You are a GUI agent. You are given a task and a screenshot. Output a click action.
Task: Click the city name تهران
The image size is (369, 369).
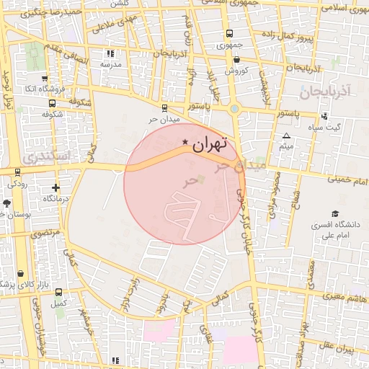pos(211,143)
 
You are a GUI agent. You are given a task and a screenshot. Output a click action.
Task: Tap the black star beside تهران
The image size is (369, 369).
pos(186,143)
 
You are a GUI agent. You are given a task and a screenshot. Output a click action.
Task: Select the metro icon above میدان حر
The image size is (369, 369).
pos(164,107)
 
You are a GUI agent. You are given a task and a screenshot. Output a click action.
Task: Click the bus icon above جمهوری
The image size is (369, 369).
pos(229,33)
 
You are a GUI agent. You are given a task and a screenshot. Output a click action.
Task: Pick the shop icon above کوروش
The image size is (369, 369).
pos(236,60)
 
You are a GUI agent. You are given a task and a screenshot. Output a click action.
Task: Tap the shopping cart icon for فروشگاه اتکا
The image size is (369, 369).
pos(45,78)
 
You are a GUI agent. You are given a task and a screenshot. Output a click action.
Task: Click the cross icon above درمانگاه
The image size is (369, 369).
pos(55,187)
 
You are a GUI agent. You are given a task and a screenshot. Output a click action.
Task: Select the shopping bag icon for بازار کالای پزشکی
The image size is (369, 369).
pos(20,274)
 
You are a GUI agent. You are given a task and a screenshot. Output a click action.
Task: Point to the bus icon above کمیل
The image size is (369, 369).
pos(58,293)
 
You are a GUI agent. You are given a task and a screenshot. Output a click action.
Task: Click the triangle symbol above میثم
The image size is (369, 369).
pos(287,136)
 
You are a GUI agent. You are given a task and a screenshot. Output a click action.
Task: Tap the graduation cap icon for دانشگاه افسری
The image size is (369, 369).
pos(334,214)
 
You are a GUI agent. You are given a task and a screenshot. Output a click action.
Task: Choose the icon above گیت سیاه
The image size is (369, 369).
pos(324,115)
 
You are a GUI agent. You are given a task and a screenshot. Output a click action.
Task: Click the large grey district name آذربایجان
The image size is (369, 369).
pos(324,92)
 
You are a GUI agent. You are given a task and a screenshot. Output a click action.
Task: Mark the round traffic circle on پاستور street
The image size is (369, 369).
pos(234,110)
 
